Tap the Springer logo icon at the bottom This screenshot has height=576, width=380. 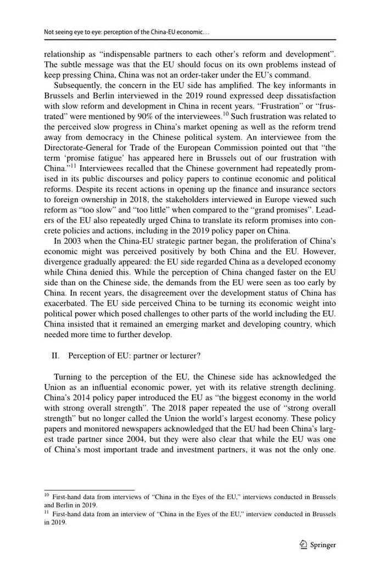(303, 545)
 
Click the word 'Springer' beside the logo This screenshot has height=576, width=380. (323, 545)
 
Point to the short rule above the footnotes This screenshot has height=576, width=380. (89, 490)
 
